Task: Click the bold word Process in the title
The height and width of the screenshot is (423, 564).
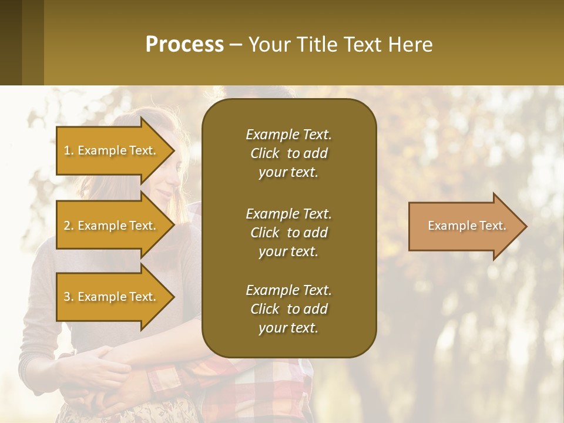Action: coord(184,45)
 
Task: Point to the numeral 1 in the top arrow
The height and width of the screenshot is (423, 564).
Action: coord(67,150)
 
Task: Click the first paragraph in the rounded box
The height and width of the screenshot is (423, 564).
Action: coord(288,153)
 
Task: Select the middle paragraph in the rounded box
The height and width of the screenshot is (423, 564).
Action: coord(288,233)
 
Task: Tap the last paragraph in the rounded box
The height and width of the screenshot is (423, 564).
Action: coord(288,309)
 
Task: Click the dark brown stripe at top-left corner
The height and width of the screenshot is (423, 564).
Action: coord(11,42)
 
